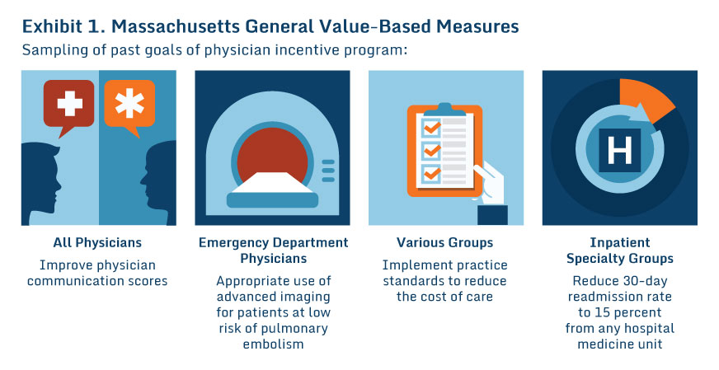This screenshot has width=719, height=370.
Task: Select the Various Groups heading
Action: point(444,243)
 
